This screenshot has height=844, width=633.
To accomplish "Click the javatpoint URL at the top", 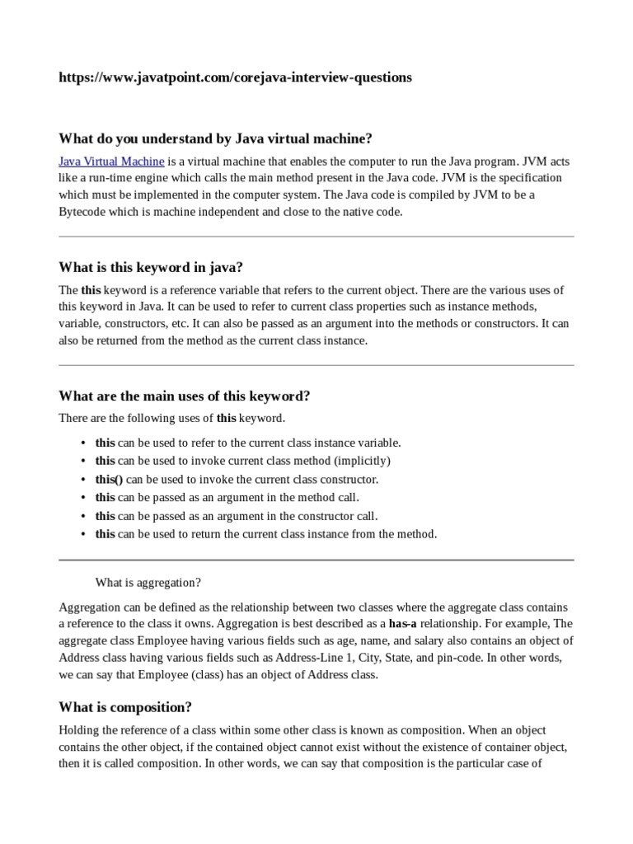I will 235,77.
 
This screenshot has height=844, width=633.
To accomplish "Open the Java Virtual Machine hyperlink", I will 111,161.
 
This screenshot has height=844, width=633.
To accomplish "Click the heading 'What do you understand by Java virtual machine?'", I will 215,138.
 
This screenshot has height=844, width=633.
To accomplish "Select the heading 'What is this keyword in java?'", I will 151,267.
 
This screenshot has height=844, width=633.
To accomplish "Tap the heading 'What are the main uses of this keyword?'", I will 184,396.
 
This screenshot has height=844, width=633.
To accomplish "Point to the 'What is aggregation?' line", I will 148,583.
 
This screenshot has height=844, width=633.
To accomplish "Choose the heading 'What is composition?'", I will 125,707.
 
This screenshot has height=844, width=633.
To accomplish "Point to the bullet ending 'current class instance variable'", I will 248,443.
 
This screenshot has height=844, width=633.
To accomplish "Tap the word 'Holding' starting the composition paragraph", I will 78,730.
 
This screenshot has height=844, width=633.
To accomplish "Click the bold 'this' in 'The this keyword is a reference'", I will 91,290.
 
